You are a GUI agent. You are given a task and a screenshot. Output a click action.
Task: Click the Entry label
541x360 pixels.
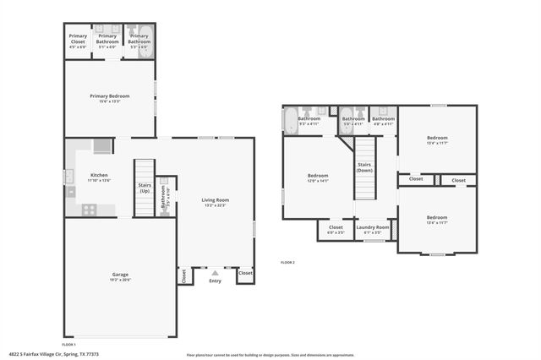click(x=215, y=281)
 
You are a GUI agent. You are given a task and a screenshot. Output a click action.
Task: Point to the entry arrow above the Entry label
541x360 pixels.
click(x=215, y=272)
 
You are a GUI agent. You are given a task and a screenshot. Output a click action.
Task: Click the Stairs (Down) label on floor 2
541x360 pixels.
click(x=364, y=166)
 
